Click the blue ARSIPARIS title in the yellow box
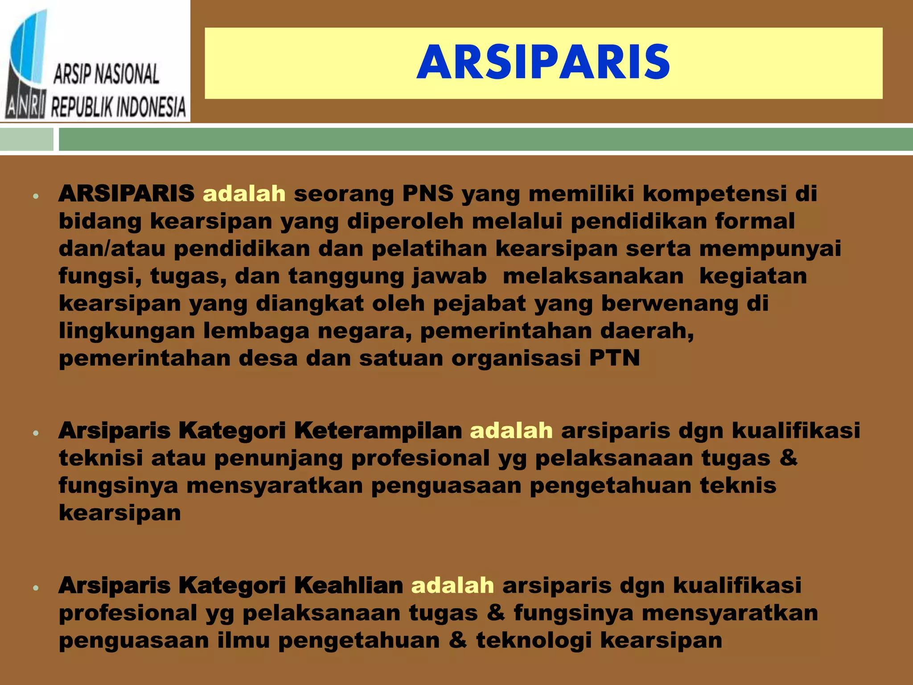coord(543,63)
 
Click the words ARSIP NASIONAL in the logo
coord(106,74)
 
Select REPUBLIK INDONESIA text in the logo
coord(118,107)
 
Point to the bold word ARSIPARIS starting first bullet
coord(126,194)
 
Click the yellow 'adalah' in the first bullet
coord(244,194)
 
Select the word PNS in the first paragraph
coord(428,194)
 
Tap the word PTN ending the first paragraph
coord(614,358)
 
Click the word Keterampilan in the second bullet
coord(378,431)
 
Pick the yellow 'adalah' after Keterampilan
coord(511,431)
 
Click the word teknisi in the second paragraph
coord(101,458)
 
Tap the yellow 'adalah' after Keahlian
coord(452,585)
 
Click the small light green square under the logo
coord(26,140)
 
